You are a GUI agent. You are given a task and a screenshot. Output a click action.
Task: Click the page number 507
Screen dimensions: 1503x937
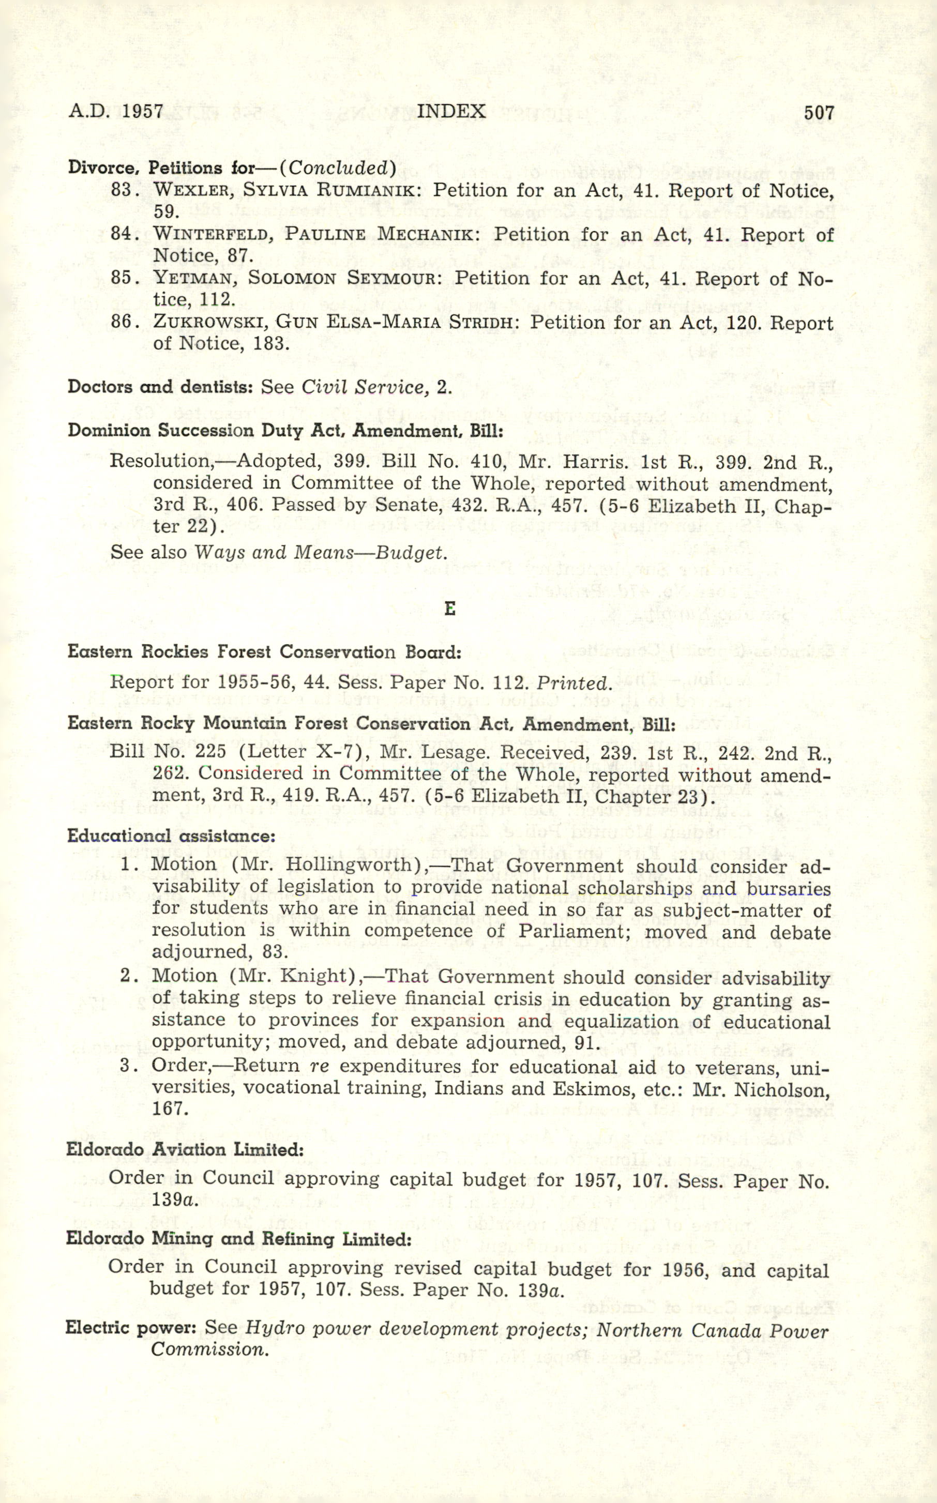click(819, 113)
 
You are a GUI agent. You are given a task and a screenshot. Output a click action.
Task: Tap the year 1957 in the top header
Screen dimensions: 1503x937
click(143, 112)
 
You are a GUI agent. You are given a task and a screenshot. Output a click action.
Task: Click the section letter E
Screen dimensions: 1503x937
click(450, 609)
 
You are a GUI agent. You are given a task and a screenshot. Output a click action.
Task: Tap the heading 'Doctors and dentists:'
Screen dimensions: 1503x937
click(160, 387)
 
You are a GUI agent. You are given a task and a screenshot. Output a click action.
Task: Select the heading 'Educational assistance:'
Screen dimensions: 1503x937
click(171, 836)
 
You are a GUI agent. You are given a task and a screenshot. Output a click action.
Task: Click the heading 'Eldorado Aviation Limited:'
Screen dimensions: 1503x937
click(185, 1150)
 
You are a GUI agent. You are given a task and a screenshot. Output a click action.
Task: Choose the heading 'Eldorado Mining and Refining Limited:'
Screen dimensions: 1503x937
click(238, 1239)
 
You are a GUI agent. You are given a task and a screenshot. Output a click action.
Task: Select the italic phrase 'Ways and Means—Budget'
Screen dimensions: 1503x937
click(320, 552)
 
